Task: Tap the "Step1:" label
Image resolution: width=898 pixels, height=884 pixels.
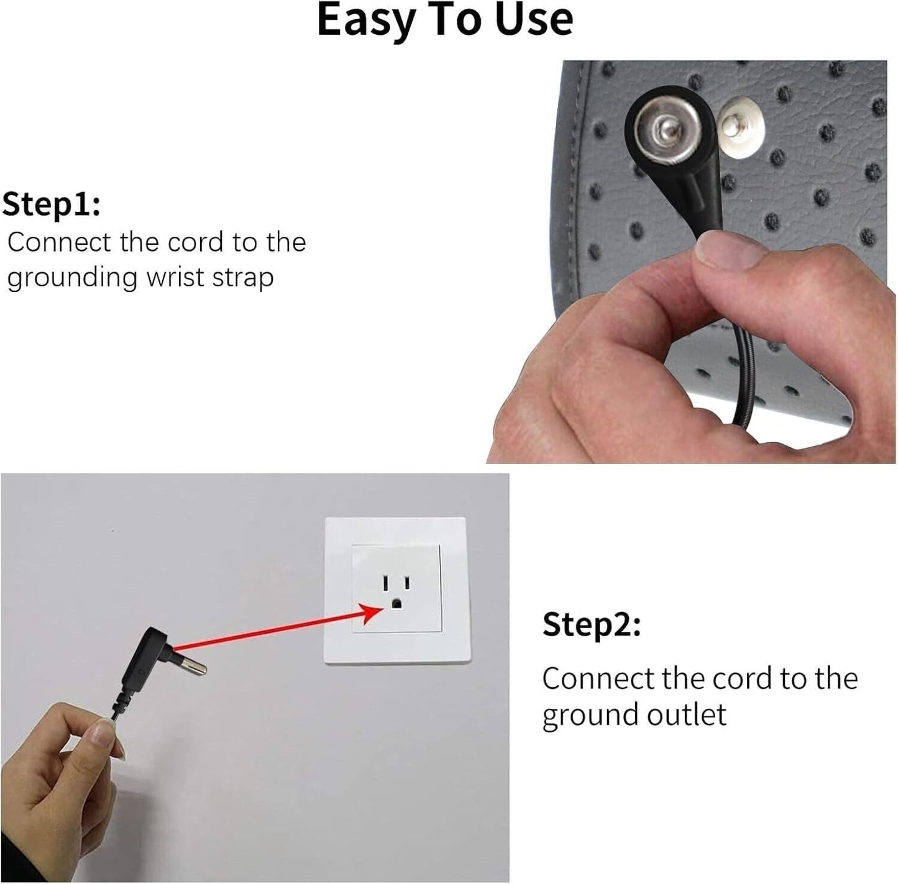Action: (x=51, y=205)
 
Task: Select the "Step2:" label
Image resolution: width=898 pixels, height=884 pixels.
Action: (x=592, y=624)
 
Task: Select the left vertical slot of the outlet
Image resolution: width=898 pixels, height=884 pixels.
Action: (x=385, y=583)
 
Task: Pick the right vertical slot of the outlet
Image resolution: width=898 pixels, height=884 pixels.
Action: (x=407, y=583)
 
